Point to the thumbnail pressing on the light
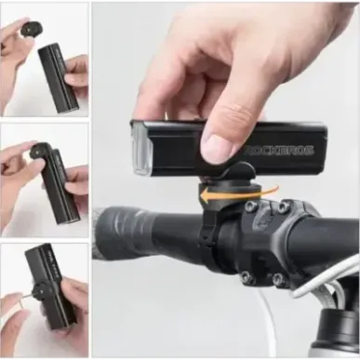(220, 147)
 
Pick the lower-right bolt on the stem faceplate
(277, 279)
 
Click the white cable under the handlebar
(270, 321)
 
